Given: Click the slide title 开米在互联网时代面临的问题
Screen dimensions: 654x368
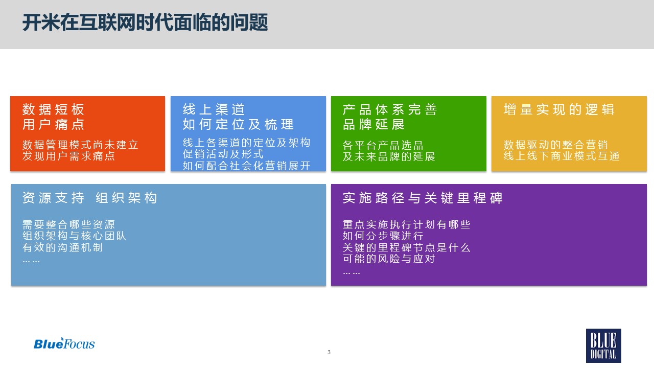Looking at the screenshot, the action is [x=145, y=22].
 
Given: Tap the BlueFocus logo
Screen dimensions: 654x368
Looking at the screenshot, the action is [x=64, y=343].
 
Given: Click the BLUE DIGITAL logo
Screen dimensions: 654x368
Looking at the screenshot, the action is [x=603, y=346].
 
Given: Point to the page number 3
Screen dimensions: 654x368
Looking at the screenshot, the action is [x=329, y=352].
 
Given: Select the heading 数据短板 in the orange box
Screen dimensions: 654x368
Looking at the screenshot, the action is [x=54, y=109].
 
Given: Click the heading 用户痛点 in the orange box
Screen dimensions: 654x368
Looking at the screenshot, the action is [x=54, y=124].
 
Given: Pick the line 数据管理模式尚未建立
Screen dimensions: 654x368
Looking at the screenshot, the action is [x=80, y=145].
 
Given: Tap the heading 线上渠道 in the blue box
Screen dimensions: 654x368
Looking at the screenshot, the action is [x=214, y=109].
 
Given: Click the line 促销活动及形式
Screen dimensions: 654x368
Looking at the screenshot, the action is [x=223, y=154].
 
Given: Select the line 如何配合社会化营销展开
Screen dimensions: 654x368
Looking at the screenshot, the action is [x=246, y=166].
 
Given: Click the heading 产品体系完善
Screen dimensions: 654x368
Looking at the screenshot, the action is [x=390, y=109].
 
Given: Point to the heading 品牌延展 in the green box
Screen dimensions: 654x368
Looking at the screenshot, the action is [x=373, y=124].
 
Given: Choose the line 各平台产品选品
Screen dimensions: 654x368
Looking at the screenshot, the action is [x=383, y=145].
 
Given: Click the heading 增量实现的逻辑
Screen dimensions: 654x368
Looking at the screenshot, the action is [x=559, y=109].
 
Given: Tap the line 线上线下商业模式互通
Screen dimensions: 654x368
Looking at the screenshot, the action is [x=562, y=156].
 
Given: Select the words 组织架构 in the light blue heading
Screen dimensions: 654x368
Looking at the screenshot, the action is [x=127, y=198].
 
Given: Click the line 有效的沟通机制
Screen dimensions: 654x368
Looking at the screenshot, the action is [x=63, y=247].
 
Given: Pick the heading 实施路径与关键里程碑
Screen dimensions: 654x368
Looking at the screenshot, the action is [x=423, y=198].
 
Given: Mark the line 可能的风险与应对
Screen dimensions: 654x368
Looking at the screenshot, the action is [x=389, y=259].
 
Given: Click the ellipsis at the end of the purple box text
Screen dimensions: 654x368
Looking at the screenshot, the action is [x=352, y=273].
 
